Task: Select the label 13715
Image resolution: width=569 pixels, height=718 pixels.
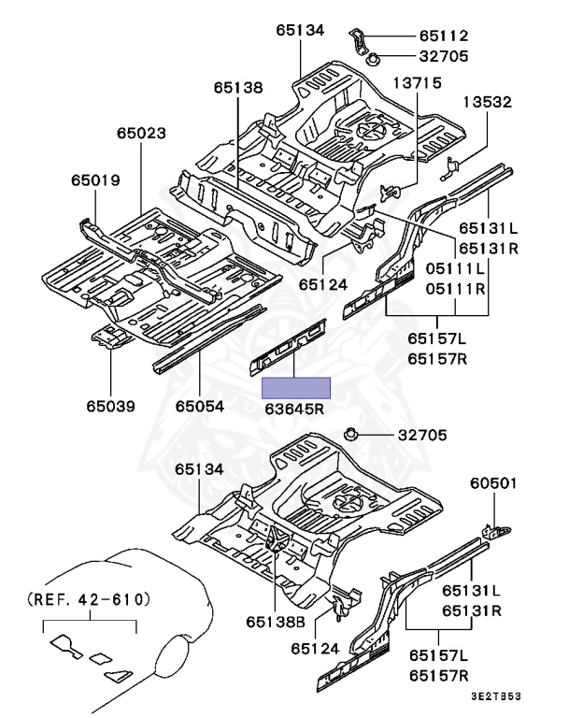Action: tap(418, 84)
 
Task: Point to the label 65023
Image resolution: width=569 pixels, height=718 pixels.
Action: tap(143, 134)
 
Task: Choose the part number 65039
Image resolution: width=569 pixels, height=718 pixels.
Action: tap(111, 406)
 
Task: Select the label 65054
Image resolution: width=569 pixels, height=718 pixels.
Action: tap(202, 406)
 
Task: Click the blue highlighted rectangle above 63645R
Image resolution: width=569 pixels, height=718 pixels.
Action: tap(295, 387)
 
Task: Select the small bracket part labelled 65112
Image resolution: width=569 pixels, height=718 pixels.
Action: tap(359, 38)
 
